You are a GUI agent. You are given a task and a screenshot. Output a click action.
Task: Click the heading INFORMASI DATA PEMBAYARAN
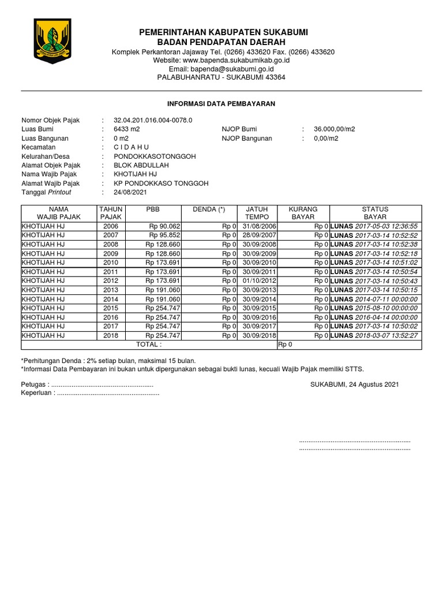click(x=221, y=104)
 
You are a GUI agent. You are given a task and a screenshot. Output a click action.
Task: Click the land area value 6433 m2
click(x=127, y=129)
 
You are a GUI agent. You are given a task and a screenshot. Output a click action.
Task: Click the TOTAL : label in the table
click(x=148, y=345)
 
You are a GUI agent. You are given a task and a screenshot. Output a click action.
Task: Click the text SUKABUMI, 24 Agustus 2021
click(x=354, y=384)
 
